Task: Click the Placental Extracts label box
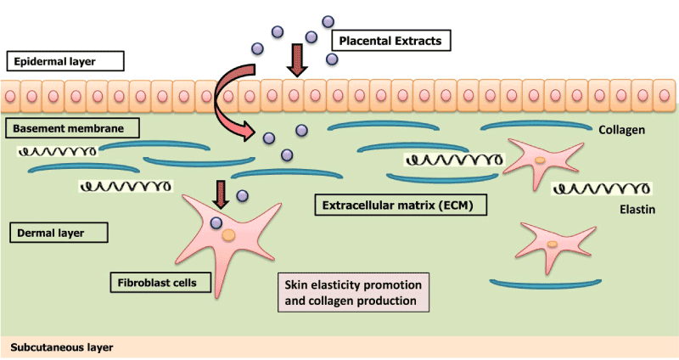click(390, 40)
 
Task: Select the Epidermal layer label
click(65, 61)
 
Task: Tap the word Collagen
click(623, 130)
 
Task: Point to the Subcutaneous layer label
click(61, 347)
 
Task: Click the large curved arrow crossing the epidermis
click(227, 98)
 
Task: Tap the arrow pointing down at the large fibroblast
click(222, 194)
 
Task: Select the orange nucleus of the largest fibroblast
click(228, 239)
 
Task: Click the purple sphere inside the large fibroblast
click(216, 224)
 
